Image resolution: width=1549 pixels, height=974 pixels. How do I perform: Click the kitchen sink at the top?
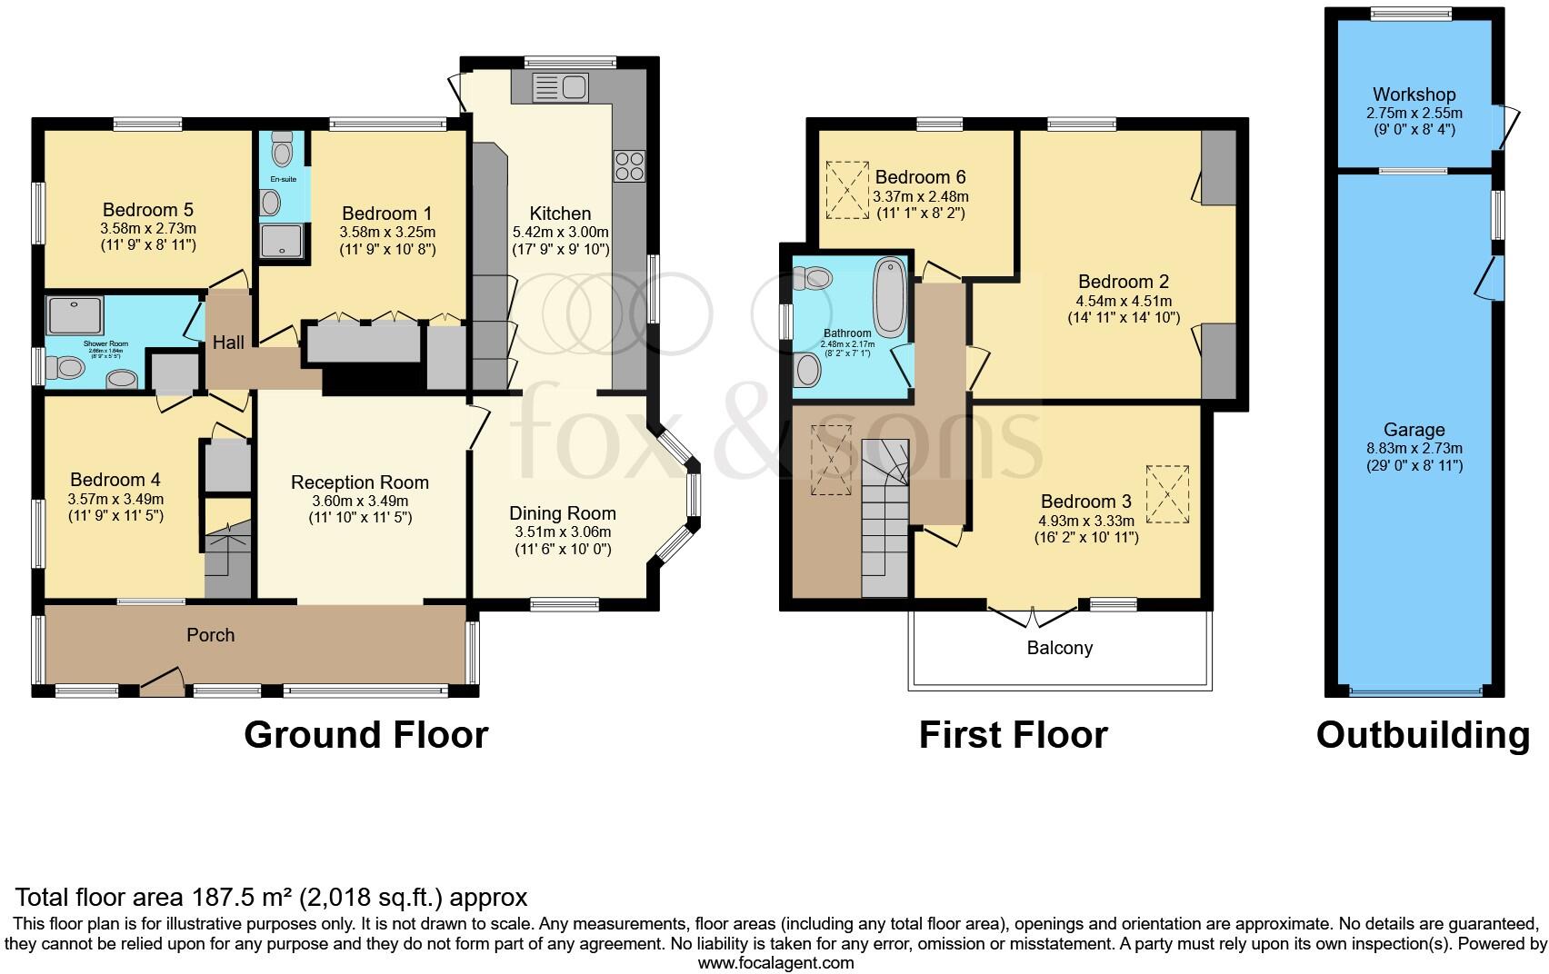click(x=560, y=88)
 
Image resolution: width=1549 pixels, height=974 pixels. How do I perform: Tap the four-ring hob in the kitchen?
click(x=629, y=166)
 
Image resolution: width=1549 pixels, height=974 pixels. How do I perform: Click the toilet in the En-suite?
click(x=282, y=150)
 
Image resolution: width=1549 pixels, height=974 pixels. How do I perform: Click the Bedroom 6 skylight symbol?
click(x=847, y=190)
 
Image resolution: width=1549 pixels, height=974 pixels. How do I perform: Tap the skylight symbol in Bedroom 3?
click(x=1167, y=494)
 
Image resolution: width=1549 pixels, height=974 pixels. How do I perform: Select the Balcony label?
click(x=1059, y=648)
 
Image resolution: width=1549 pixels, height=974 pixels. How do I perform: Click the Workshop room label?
click(x=1414, y=94)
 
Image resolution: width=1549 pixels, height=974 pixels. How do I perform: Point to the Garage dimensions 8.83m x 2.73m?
click(x=1414, y=448)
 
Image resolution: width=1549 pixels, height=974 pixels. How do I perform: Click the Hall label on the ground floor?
click(x=228, y=343)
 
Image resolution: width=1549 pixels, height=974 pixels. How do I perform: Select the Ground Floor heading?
click(x=365, y=734)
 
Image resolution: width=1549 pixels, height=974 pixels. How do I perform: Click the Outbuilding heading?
click(x=1423, y=734)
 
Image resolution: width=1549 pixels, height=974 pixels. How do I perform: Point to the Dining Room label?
click(x=562, y=513)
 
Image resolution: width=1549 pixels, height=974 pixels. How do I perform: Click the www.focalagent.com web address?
click(x=775, y=962)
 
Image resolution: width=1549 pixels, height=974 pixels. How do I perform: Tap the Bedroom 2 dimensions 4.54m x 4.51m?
click(x=1124, y=301)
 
